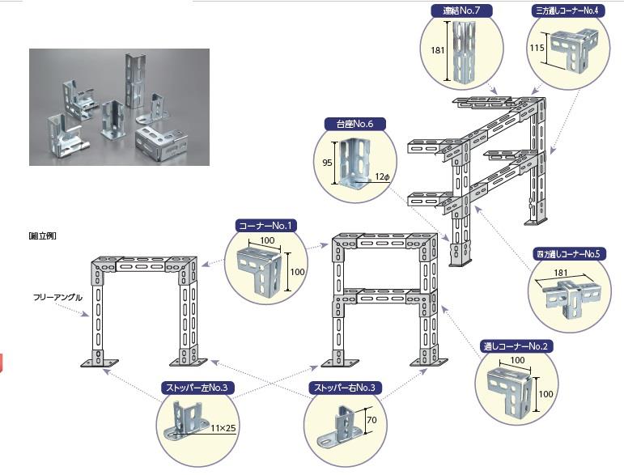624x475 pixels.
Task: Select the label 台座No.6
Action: [x=354, y=125]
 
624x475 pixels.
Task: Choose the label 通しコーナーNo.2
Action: [x=519, y=346]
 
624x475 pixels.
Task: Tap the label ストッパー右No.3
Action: [x=346, y=388]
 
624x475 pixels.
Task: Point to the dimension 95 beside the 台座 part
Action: [x=328, y=161]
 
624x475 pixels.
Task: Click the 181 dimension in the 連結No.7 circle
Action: [x=438, y=50]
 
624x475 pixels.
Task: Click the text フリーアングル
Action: [x=58, y=297]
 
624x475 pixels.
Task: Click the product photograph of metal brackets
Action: [x=119, y=107]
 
